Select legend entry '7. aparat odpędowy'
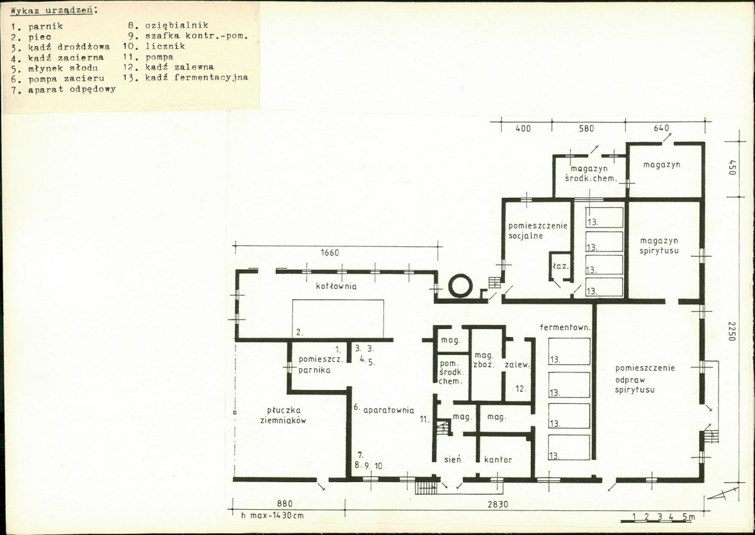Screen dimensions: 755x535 click(63, 89)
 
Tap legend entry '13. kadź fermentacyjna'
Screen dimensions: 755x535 click(185, 78)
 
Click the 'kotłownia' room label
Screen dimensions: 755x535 click(336, 286)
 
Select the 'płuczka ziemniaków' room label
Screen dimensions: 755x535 click(287, 415)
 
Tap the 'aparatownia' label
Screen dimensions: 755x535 click(389, 410)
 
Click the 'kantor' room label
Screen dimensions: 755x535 click(498, 460)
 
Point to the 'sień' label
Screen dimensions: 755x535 click(452, 460)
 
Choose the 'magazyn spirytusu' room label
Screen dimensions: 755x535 click(659, 245)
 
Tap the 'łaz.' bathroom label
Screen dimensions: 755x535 click(560, 265)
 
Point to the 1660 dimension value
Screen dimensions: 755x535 click(330, 253)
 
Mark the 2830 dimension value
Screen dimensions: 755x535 click(497, 504)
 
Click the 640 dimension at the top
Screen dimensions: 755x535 click(662, 128)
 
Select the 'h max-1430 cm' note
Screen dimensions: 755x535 click(273, 515)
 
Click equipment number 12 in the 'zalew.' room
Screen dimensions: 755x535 click(521, 389)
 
